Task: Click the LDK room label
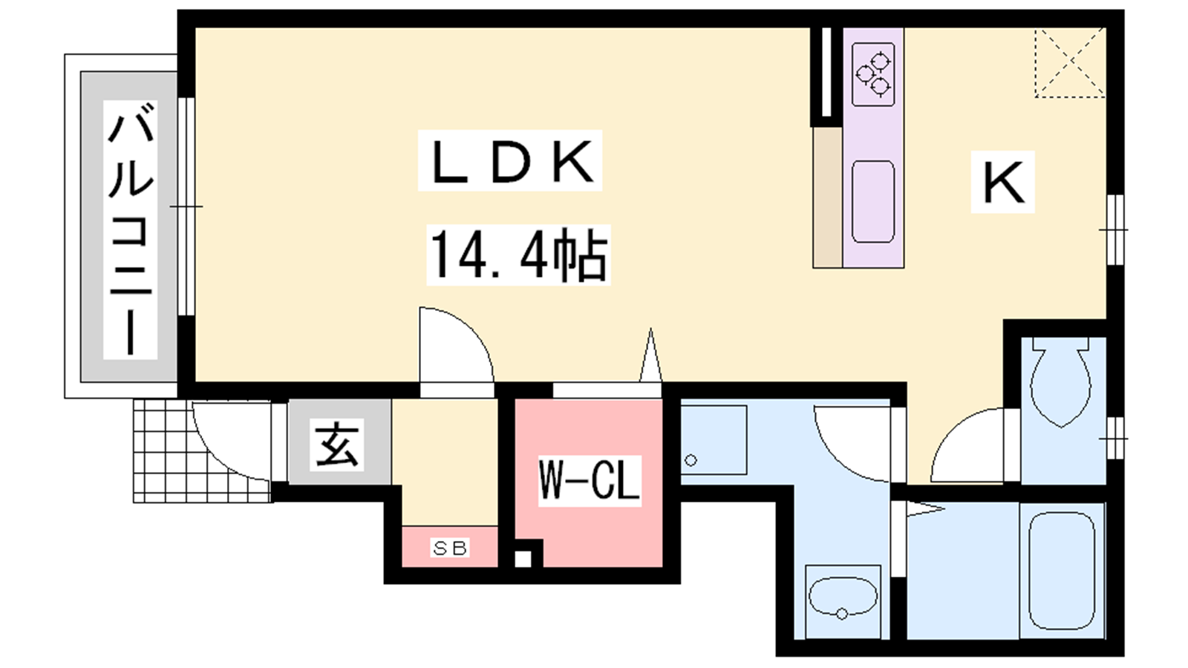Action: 510,160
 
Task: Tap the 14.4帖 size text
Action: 518,255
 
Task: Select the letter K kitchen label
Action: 1002,183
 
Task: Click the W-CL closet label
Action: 590,480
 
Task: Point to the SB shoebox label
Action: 450,548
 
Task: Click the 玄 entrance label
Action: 337,445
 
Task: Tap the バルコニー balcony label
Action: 131,229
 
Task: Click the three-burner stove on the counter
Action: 873,75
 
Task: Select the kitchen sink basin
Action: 873,202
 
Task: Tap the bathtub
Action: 1062,571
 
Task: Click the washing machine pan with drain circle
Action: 714,440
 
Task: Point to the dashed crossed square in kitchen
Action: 1070,63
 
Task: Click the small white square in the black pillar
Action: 523,559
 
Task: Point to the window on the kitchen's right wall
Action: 1114,229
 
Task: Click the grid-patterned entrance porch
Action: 201,451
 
